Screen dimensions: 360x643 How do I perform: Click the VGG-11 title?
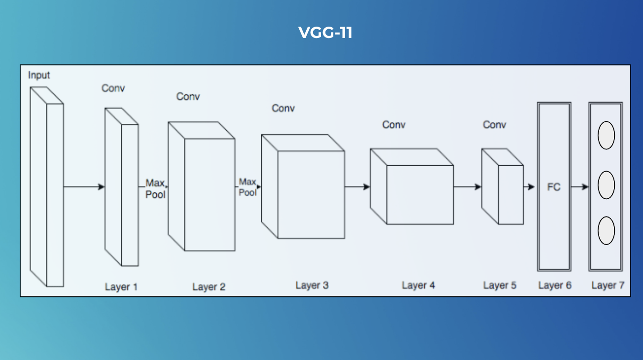[x=325, y=33]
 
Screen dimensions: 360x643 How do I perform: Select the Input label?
[x=39, y=75]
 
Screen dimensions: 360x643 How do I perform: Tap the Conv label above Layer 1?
[x=113, y=88]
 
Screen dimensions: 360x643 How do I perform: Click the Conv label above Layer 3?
[x=283, y=108]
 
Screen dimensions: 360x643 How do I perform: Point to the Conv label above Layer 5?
[x=494, y=125]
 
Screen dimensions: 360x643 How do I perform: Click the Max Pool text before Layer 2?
[x=155, y=189]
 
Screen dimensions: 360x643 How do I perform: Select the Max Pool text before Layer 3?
[x=248, y=187]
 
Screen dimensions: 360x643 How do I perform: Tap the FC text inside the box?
[x=554, y=187]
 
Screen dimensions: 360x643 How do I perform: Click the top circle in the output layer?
[x=606, y=136]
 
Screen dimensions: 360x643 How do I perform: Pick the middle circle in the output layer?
[x=606, y=185]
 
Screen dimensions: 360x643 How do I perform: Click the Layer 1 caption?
[x=121, y=287]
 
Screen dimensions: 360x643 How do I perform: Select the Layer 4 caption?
[x=418, y=285]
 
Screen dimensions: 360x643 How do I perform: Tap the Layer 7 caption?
[x=607, y=285]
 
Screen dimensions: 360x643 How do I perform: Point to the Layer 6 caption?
[x=555, y=285]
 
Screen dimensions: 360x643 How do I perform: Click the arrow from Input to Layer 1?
[x=84, y=187]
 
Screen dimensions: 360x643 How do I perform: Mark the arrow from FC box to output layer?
[x=580, y=187]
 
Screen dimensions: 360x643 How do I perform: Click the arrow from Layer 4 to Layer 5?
[x=467, y=186]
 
